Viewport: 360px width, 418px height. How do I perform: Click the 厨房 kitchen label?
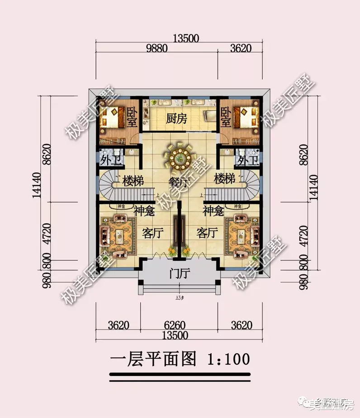[176, 118]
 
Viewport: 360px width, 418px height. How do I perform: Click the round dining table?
[180, 157]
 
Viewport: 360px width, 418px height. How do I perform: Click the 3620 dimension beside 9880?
[240, 49]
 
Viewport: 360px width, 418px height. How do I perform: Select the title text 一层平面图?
[153, 359]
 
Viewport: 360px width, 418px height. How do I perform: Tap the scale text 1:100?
[228, 359]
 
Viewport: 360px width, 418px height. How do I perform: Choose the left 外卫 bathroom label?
[110, 160]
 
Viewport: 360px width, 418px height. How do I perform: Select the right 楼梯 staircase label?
[225, 179]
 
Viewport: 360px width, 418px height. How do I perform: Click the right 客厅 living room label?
[208, 233]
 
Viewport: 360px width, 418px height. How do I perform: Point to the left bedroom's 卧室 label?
[132, 117]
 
